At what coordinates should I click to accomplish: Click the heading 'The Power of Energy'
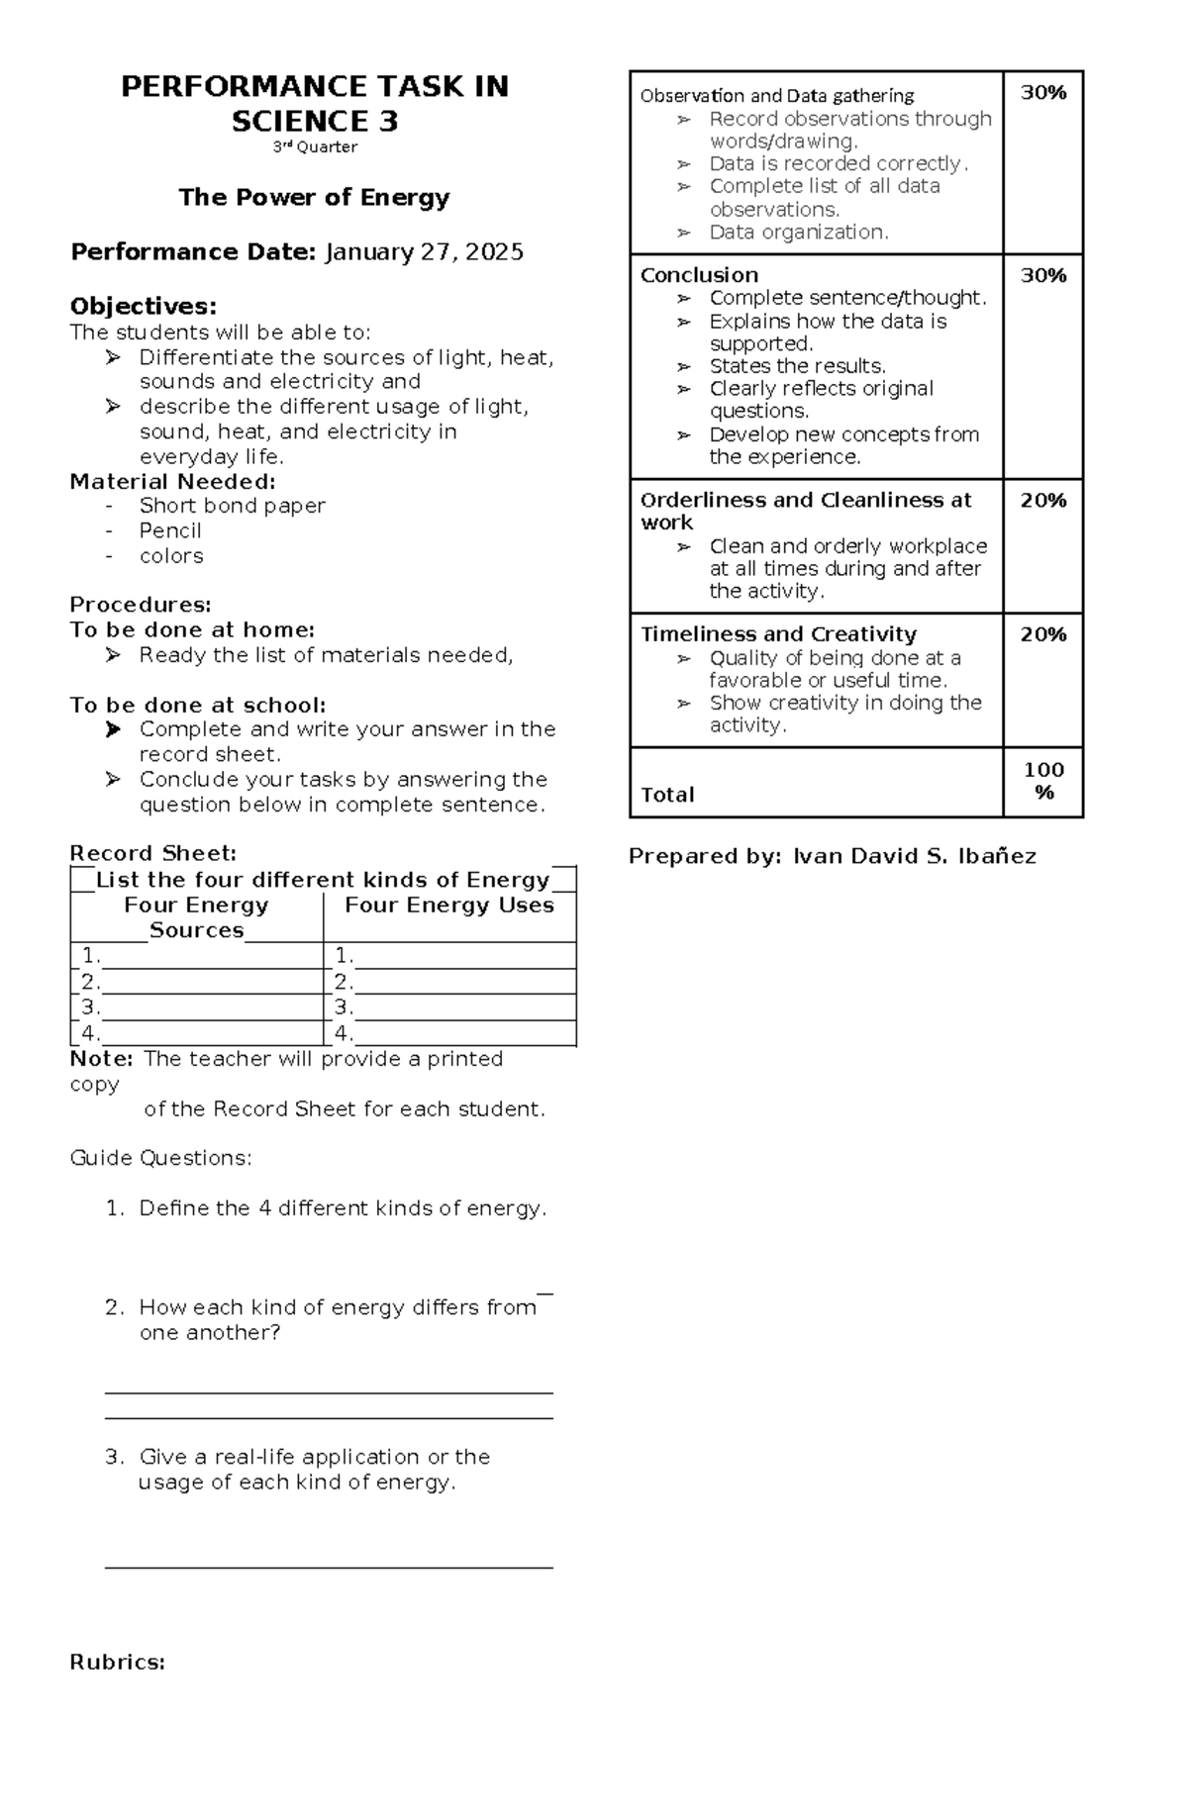314,197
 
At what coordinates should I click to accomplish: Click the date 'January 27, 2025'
425,252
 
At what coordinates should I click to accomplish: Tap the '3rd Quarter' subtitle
315,147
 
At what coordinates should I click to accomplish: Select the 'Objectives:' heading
143,306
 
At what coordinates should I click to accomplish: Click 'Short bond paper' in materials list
232,506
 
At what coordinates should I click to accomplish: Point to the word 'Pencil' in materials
170,530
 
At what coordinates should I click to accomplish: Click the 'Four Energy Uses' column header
448,906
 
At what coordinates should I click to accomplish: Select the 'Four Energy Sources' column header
196,917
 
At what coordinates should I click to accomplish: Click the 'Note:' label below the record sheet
101,1059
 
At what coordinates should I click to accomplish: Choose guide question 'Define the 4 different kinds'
343,1208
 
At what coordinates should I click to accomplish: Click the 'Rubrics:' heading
117,1663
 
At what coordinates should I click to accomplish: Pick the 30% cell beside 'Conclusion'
1042,276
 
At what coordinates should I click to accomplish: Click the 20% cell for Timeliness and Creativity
1042,634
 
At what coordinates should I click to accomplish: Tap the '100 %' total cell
1043,781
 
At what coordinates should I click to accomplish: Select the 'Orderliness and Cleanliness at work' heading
805,511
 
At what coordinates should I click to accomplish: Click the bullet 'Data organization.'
799,233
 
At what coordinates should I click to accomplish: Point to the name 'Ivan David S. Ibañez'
914,857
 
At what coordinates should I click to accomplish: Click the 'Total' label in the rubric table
667,795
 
